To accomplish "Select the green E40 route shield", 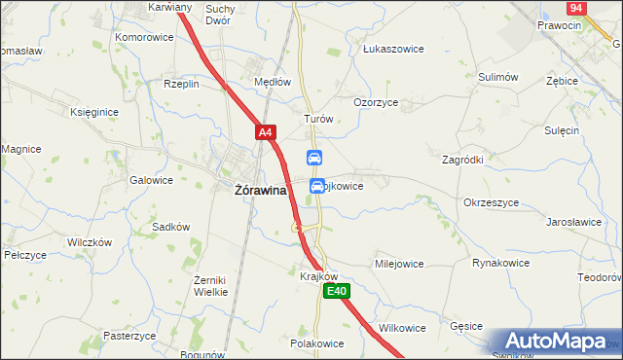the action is pyautogui.click(x=337, y=291).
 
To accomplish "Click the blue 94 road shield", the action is pyautogui.click(x=577, y=8).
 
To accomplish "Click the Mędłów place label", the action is pyautogui.click(x=273, y=82).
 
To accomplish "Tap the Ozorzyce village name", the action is pyautogui.click(x=376, y=102).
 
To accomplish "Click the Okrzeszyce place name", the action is pyautogui.click(x=491, y=202).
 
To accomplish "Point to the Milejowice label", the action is pyautogui.click(x=399, y=264).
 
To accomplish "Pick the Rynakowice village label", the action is pyautogui.click(x=500, y=263).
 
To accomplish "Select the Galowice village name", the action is pyautogui.click(x=150, y=180).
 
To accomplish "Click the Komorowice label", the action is pyautogui.click(x=144, y=37).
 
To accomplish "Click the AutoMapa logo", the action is pyautogui.click(x=557, y=342).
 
